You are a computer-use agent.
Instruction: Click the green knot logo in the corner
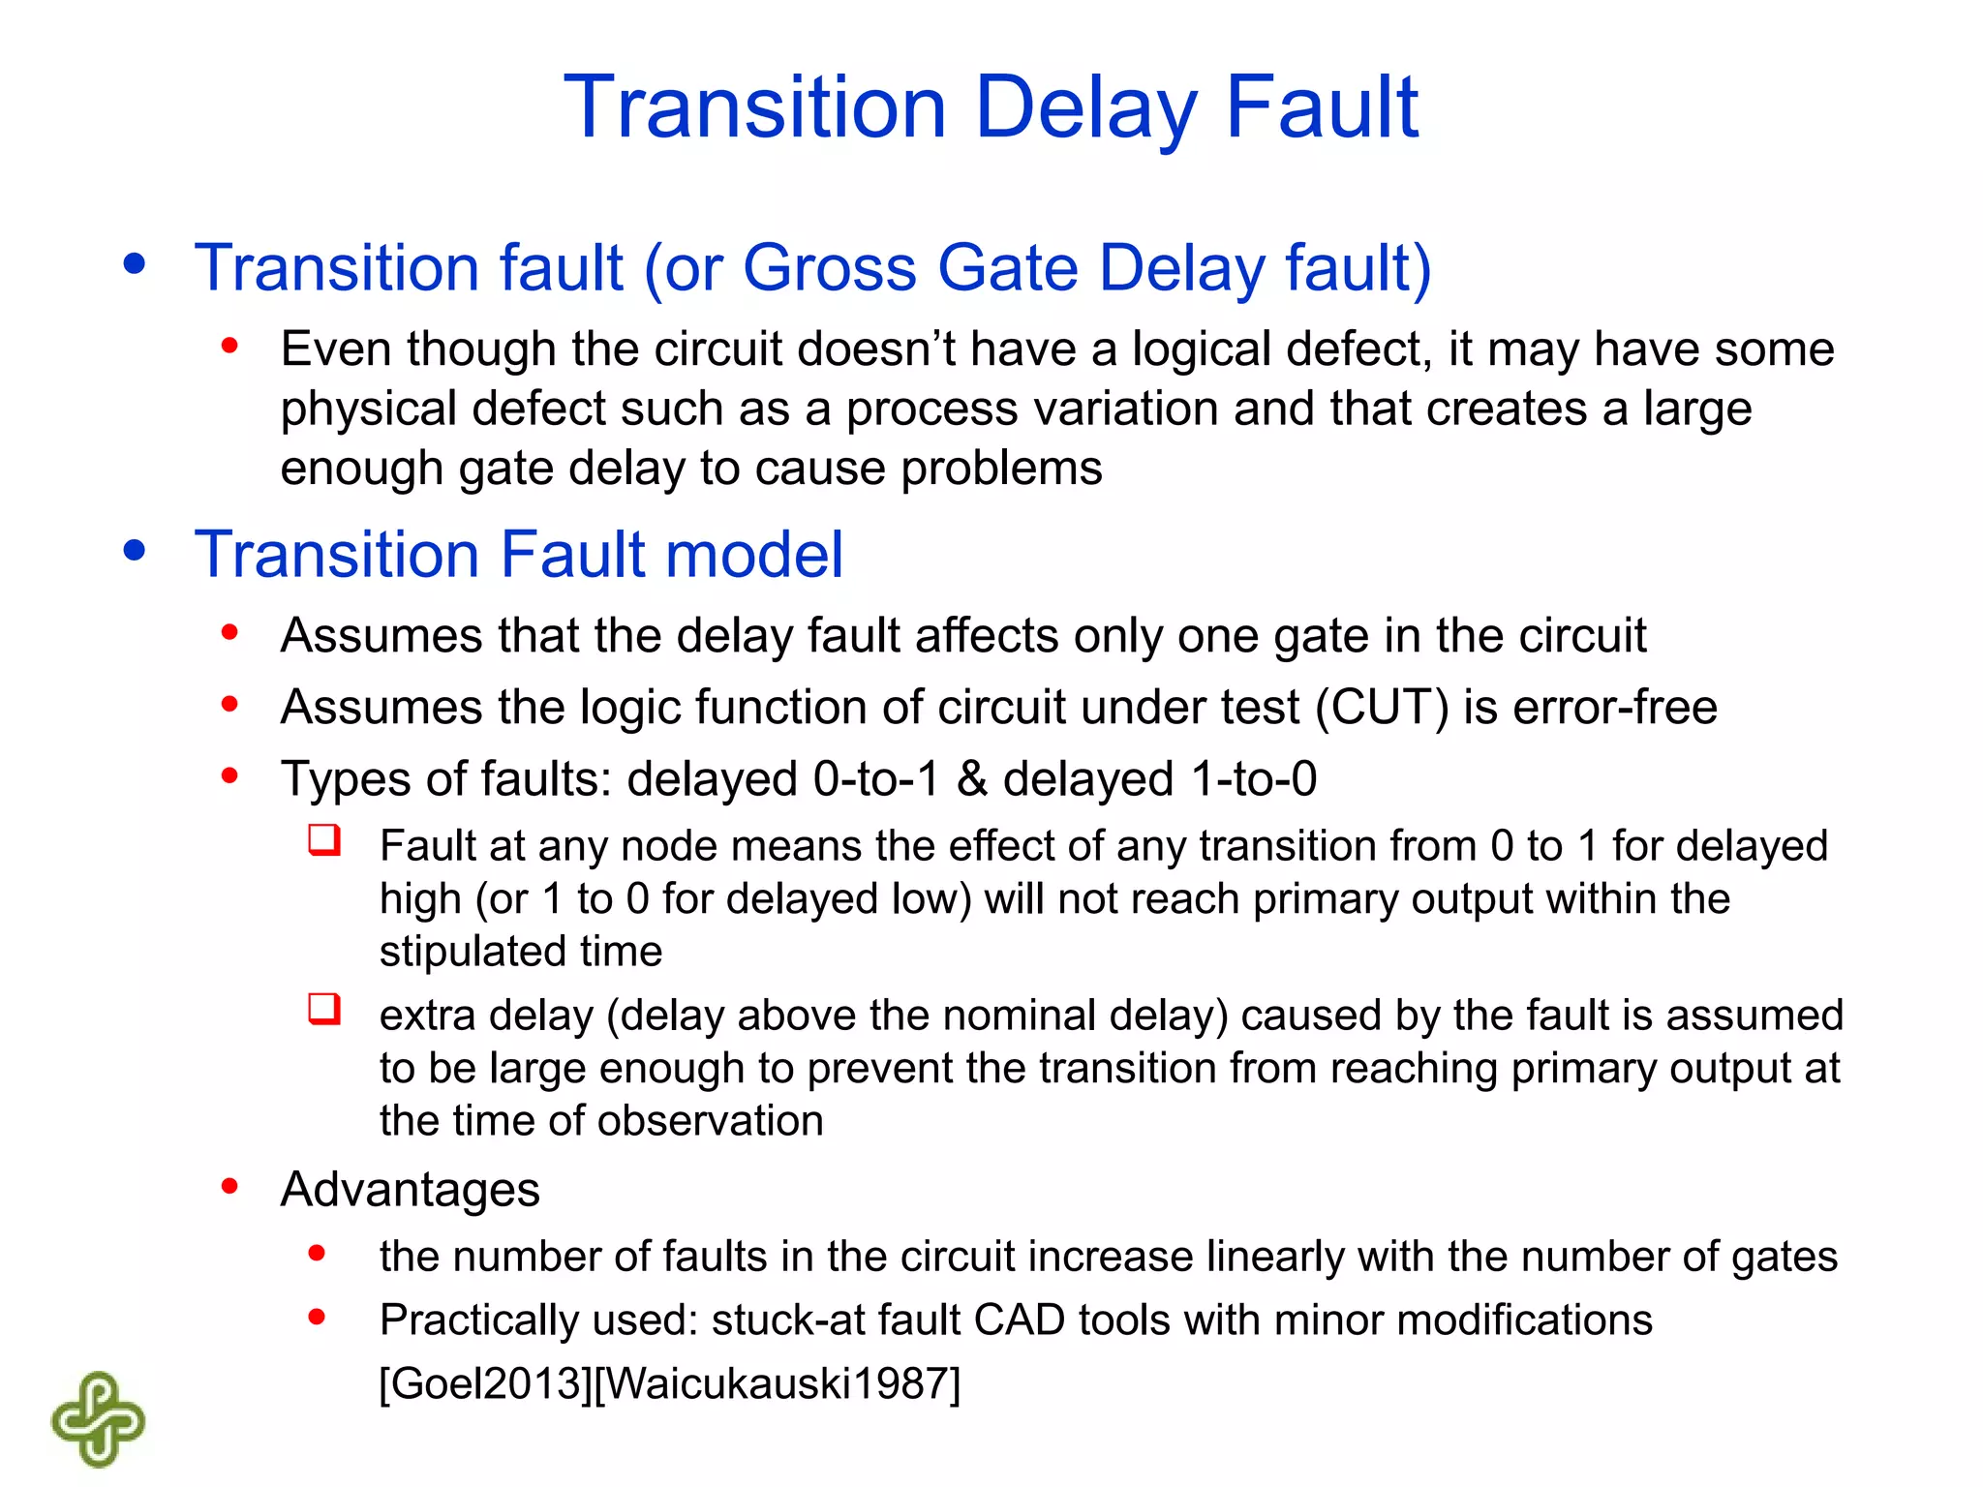pyautogui.click(x=98, y=1419)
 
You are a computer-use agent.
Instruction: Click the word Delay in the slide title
pyautogui.click(x=1085, y=108)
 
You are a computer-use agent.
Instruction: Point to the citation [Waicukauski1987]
pyautogui.click(x=777, y=1382)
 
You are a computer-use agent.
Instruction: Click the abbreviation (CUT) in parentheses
pyautogui.click(x=1382, y=707)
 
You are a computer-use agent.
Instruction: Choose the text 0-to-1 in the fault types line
pyautogui.click(x=876, y=778)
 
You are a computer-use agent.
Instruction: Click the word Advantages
pyautogui.click(x=410, y=1189)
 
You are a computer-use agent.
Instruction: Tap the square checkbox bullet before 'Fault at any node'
pyautogui.click(x=324, y=839)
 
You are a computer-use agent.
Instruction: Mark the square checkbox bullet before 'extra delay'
pyautogui.click(x=324, y=1009)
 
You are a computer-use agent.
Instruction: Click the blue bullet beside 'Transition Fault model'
pyautogui.click(x=135, y=550)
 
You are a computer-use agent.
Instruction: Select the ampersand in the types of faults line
pyautogui.click(x=971, y=778)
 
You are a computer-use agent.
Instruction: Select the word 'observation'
pyautogui.click(x=710, y=1121)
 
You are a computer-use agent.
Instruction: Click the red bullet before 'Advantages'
pyautogui.click(x=229, y=1186)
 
